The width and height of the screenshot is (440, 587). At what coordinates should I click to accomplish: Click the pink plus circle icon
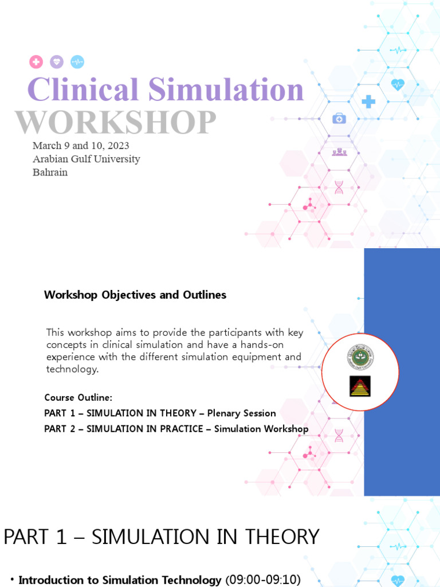pyautogui.click(x=36, y=62)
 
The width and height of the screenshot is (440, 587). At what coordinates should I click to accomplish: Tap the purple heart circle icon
pyautogui.click(x=56, y=62)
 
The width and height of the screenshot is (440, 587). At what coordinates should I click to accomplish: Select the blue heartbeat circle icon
pyautogui.click(x=77, y=62)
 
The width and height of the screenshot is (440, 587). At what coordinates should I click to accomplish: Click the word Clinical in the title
pyautogui.click(x=83, y=90)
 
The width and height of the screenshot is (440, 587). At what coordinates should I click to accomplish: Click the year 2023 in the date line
pyautogui.click(x=118, y=146)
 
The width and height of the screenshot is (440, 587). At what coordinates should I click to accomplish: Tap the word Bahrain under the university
pyautogui.click(x=50, y=172)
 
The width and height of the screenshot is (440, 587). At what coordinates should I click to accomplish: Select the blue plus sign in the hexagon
pyautogui.click(x=368, y=102)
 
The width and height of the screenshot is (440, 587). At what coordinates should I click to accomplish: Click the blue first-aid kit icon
pyautogui.click(x=339, y=118)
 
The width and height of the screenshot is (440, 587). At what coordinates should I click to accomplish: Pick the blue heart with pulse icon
pyautogui.click(x=397, y=85)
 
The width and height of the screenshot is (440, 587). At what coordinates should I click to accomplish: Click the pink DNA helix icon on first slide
pyautogui.click(x=339, y=187)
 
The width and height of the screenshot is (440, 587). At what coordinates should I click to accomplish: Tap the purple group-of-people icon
pyautogui.click(x=339, y=152)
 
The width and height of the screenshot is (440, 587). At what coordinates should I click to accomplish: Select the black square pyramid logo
pyautogui.click(x=360, y=386)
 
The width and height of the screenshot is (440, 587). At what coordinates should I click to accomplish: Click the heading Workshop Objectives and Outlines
pyautogui.click(x=135, y=295)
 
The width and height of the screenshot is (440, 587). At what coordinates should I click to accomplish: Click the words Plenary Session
pyautogui.click(x=241, y=413)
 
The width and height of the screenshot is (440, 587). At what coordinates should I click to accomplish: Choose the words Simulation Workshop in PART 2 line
pyautogui.click(x=261, y=429)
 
